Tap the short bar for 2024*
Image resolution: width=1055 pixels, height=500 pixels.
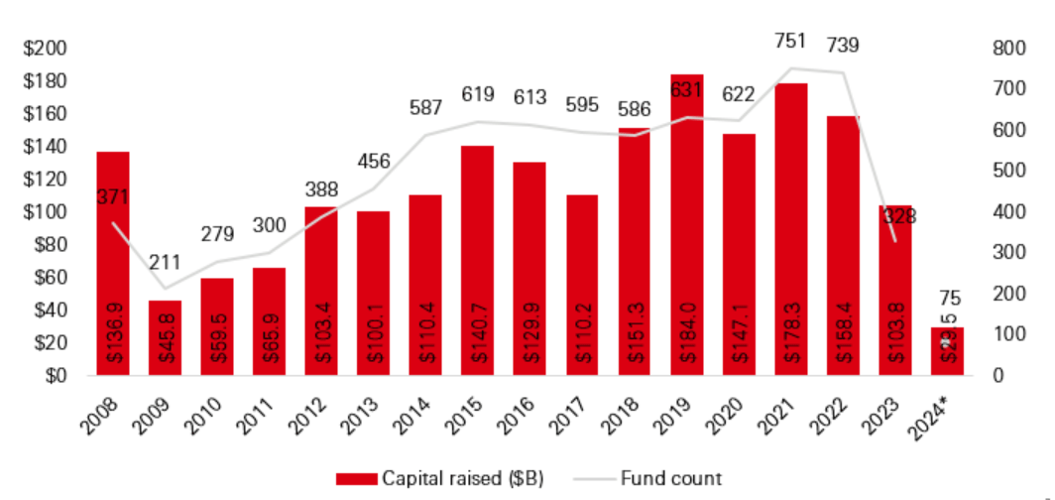coord(948,351)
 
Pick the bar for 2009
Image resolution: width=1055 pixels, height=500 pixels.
coord(165,337)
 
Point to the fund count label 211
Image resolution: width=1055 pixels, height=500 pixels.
coord(165,265)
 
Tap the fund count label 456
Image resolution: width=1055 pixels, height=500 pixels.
coord(373,163)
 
